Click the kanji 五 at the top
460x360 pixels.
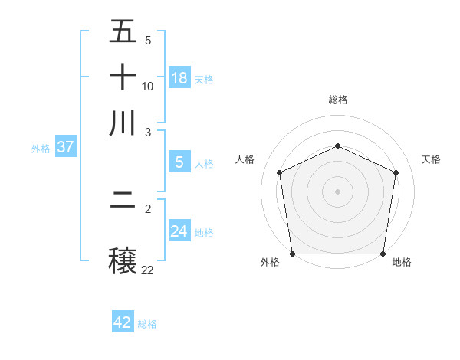point(123,32)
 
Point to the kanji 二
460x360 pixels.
point(123,203)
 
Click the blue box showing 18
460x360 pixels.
point(179,77)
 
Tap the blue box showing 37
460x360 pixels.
point(64,147)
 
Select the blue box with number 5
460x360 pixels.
point(179,162)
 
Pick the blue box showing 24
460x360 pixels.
point(179,231)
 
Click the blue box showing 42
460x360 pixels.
point(123,322)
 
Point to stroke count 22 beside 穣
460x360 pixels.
point(148,270)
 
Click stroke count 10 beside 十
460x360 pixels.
point(148,86)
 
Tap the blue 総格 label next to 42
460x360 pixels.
point(147,324)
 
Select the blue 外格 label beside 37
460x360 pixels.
point(41,149)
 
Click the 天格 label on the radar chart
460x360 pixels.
point(431,159)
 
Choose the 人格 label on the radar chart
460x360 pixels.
point(245,159)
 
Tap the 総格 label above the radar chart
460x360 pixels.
point(337,100)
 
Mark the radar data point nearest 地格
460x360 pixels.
point(383,254)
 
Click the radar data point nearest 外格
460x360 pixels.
point(292,254)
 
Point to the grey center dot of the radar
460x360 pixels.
point(337,191)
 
